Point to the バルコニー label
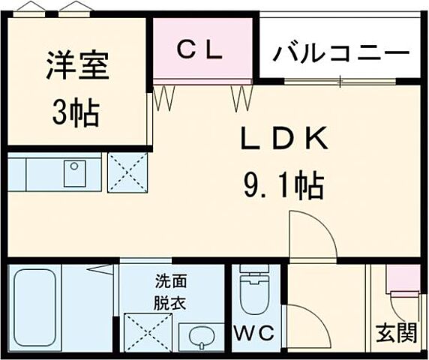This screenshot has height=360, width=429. [x=341, y=53]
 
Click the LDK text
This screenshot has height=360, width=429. [x=284, y=139]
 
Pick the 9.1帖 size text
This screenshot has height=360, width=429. [x=283, y=184]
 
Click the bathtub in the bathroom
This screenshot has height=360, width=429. [x=36, y=307]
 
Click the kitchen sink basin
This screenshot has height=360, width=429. [x=75, y=173]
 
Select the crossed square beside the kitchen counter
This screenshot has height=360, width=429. [x=127, y=173]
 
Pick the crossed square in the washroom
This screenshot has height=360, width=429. [x=146, y=333]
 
